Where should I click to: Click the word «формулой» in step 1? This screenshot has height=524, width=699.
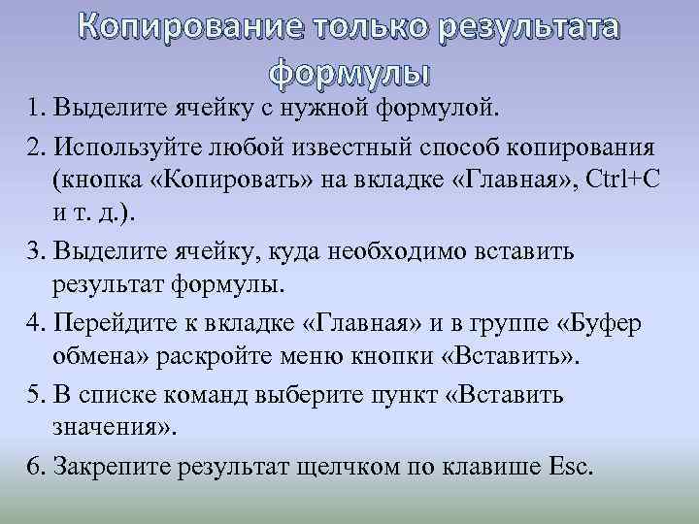[435, 104]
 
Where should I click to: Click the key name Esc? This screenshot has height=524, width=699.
[567, 467]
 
